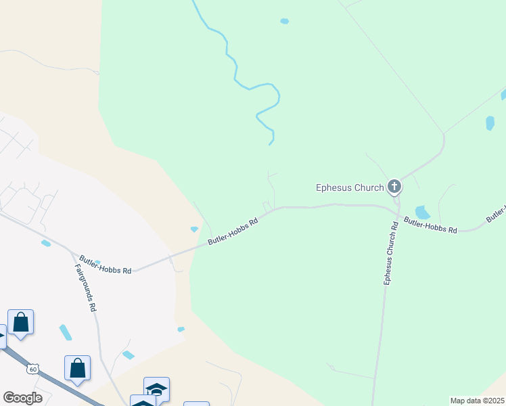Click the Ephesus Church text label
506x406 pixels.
pyautogui.click(x=350, y=187)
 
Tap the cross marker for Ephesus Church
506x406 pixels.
pyautogui.click(x=394, y=186)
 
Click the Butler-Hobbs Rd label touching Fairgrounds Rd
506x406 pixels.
pyautogui.click(x=105, y=265)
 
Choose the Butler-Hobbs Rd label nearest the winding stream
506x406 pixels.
pyautogui.click(x=233, y=231)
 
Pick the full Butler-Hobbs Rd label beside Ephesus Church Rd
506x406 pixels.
pyautogui.click(x=431, y=225)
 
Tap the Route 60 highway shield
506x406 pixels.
pyautogui.click(x=32, y=369)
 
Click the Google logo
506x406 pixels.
pyautogui.click(x=22, y=398)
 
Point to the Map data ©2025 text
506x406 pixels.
pyautogui.click(x=477, y=401)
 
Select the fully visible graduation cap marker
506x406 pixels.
pyautogui.click(x=157, y=388)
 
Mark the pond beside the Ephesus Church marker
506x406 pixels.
pyautogui.click(x=423, y=212)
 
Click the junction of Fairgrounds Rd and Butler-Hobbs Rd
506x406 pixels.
pyautogui.click(x=72, y=250)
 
